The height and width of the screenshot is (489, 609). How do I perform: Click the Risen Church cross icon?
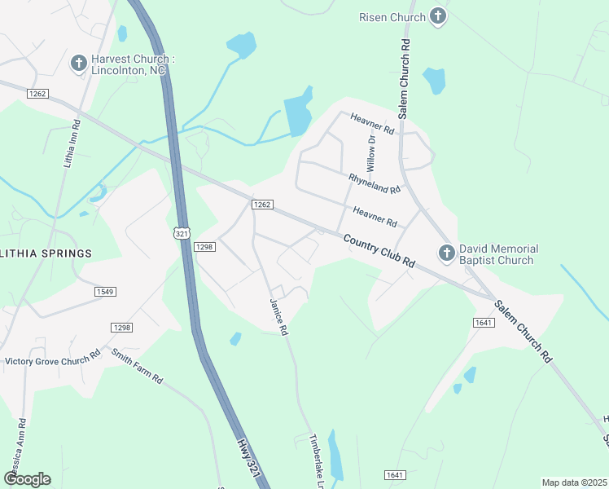coord(438,17)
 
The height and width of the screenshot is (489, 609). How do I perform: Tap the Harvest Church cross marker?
coord(79,64)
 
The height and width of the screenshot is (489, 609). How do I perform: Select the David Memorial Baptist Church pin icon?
coord(446,253)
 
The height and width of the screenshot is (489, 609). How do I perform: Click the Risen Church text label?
coord(392,17)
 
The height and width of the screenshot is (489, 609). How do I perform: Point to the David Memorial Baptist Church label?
coord(498,254)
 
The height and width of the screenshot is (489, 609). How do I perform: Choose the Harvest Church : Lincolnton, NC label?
coord(129,65)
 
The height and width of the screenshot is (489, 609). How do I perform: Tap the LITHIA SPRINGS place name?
coord(46,253)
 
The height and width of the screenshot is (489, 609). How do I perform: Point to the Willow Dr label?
coord(371,152)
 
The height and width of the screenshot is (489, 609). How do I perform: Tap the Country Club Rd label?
coord(379,252)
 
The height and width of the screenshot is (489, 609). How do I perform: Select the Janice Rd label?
coord(279,318)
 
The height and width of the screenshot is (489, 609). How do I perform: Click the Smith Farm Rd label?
coord(138,367)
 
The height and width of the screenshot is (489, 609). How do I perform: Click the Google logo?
coord(28,479)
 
